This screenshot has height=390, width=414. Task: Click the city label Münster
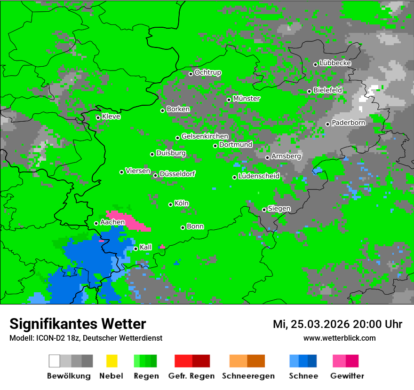[x=247, y=99]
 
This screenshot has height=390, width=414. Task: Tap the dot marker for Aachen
[x=96, y=223]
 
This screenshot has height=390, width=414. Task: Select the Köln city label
[x=182, y=203]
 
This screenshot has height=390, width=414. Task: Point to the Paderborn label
[x=349, y=123]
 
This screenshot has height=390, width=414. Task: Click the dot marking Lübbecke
[x=316, y=64]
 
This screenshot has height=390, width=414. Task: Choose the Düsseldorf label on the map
[x=177, y=174]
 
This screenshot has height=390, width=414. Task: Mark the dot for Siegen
[x=264, y=210]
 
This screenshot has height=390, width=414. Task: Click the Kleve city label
[x=111, y=117]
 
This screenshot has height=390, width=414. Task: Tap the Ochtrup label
[x=208, y=72]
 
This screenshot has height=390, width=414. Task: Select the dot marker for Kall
[x=136, y=249]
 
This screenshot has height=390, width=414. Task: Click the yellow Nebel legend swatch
[x=111, y=361]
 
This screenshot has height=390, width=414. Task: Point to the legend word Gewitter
[x=347, y=376]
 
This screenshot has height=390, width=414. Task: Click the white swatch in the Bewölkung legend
[x=55, y=361]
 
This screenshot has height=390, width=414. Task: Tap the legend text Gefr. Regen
[x=191, y=376]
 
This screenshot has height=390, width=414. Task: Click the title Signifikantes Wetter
[x=78, y=324]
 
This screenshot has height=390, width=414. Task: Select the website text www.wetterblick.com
[x=340, y=338]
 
